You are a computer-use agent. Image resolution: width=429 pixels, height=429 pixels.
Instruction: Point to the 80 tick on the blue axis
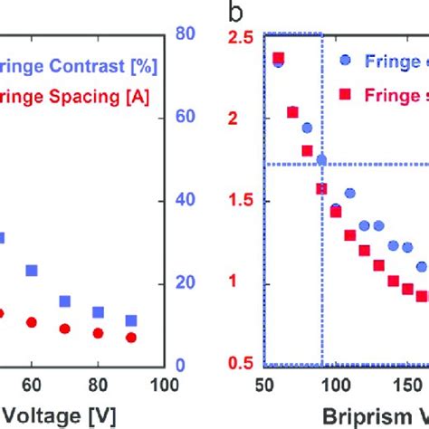tap(186, 33)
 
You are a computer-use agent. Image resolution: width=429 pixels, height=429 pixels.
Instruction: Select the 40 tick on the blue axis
tap(186, 200)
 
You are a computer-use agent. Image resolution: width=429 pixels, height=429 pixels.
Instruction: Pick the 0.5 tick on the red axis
tap(240, 365)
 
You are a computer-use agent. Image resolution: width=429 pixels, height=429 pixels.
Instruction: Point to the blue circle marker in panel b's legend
tap(348, 61)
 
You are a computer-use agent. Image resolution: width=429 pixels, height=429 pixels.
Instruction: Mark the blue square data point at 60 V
tap(31, 270)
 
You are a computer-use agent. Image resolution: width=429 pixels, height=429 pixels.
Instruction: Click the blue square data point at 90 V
tap(131, 320)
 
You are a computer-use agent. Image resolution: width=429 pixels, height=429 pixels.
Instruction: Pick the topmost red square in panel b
tap(278, 57)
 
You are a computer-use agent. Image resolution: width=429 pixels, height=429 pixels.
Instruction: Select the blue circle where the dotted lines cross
tap(321, 160)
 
